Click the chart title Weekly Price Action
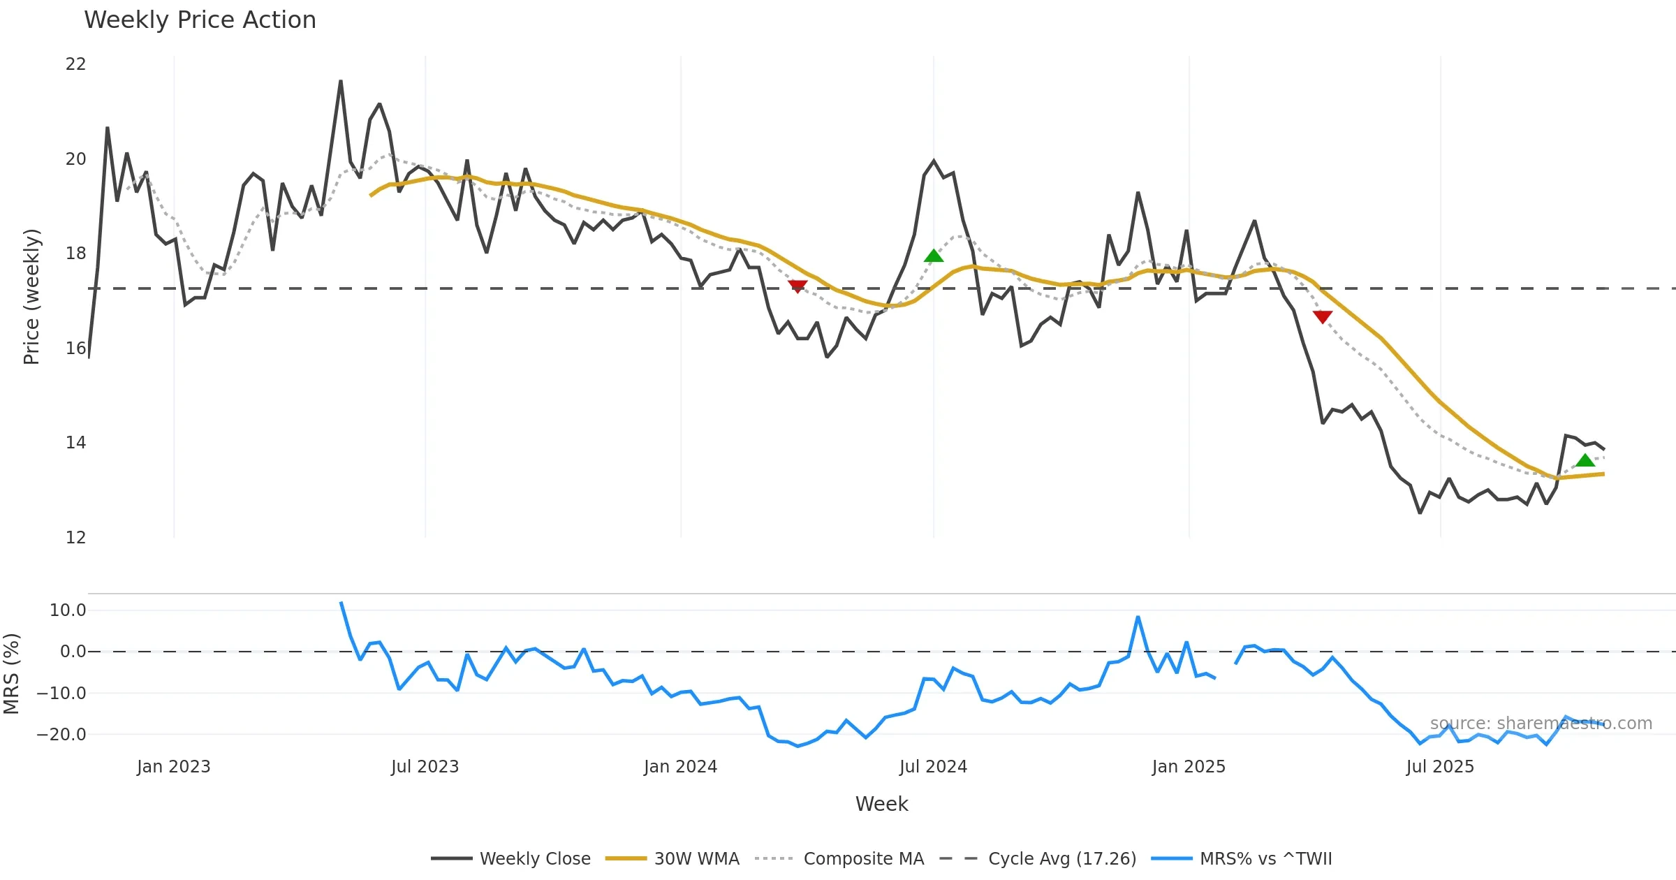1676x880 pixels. tap(200, 20)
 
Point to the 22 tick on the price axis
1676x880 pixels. tap(75, 64)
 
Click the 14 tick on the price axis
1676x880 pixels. tap(75, 443)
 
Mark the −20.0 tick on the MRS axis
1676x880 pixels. tap(62, 735)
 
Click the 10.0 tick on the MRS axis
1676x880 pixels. tap(68, 610)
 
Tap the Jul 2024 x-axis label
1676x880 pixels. tap(933, 767)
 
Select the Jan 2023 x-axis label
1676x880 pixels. tap(174, 767)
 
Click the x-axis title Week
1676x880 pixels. tap(881, 805)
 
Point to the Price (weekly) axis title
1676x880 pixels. tap(31, 297)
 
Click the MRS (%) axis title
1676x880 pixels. tap(11, 674)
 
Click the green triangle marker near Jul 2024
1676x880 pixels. tap(934, 256)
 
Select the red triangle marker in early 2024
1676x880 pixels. tap(797, 286)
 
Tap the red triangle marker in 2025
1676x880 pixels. tap(1323, 317)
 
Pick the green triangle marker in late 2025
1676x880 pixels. tap(1585, 460)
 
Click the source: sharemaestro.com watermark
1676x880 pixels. tap(1541, 724)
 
